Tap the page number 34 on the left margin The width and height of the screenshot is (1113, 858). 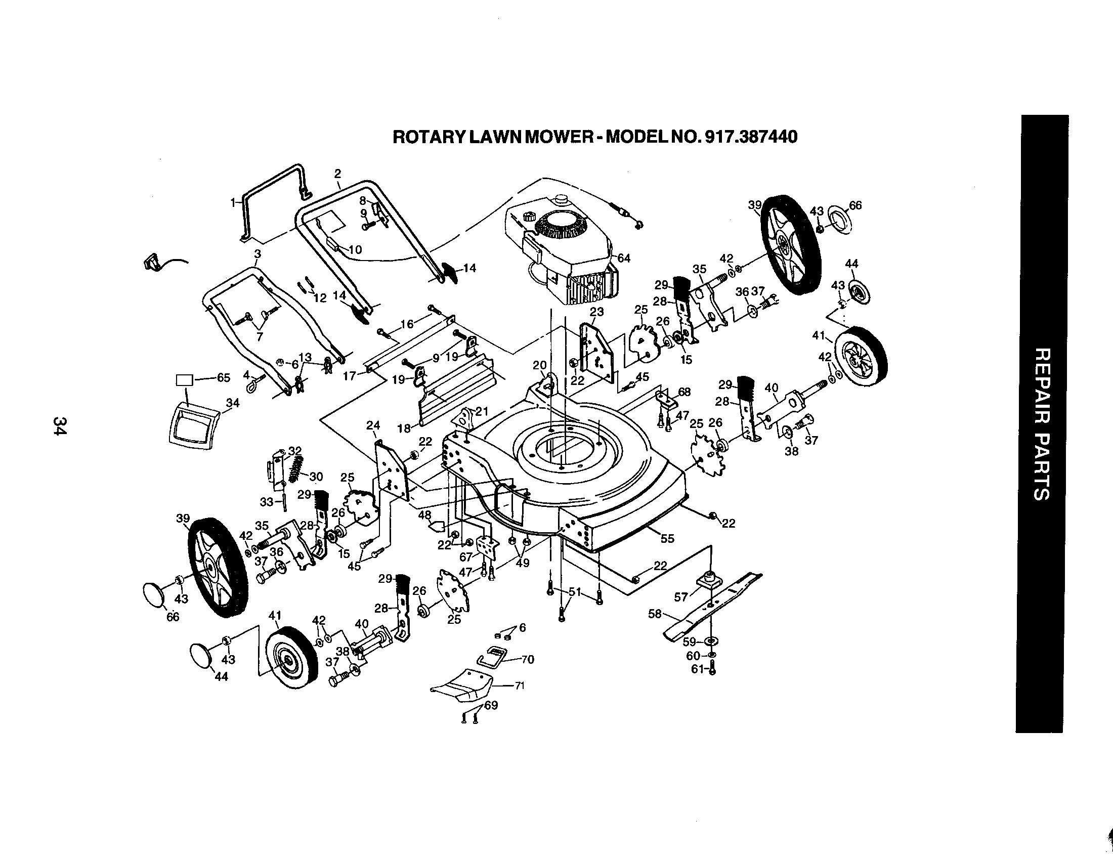tap(60, 426)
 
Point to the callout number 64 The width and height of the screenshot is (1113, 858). tap(624, 259)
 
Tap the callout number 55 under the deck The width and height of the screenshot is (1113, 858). tap(667, 539)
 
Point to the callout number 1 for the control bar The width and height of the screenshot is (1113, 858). tap(233, 202)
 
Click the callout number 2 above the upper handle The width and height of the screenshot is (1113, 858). tap(337, 174)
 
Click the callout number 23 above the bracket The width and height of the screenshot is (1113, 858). tap(597, 311)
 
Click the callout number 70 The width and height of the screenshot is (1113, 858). tap(528, 660)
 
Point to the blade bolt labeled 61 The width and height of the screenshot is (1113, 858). tap(712, 669)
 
